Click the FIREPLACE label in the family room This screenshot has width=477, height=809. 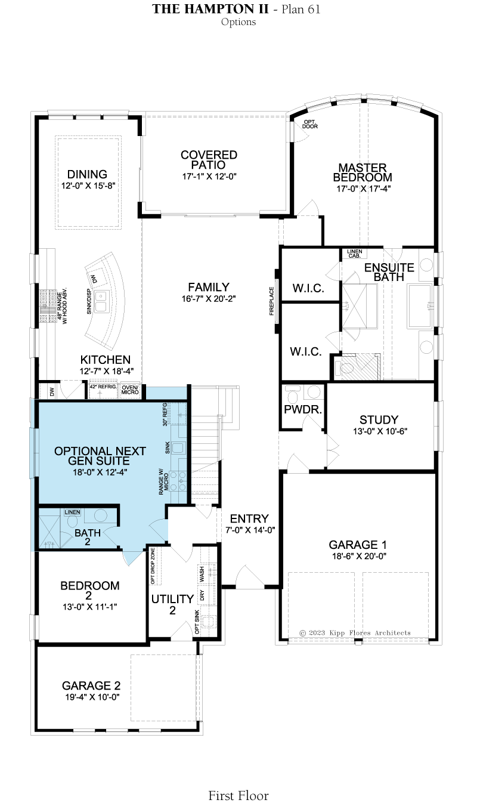(x=272, y=301)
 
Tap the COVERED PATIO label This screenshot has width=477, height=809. (x=209, y=160)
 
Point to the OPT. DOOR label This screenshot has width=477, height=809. (x=310, y=124)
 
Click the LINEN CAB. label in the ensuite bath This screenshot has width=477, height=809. (x=354, y=254)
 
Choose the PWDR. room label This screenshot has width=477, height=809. (x=303, y=409)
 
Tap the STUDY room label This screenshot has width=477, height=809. (x=379, y=419)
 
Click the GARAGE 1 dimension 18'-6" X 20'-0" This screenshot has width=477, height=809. (x=359, y=556)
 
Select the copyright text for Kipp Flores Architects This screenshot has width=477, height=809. (x=355, y=633)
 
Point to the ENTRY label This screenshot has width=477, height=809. (x=249, y=518)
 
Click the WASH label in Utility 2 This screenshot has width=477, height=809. (x=202, y=574)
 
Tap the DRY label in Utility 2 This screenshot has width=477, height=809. (x=202, y=595)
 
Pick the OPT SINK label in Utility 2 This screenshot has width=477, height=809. (x=197, y=622)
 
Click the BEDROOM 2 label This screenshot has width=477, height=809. (x=89, y=590)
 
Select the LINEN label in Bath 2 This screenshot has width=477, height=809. (x=72, y=512)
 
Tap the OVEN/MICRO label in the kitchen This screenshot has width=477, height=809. (x=130, y=390)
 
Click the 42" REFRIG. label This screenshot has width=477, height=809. (x=103, y=387)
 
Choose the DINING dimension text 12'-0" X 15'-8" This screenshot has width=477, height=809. (x=88, y=186)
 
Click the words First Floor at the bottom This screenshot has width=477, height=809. (x=238, y=795)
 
